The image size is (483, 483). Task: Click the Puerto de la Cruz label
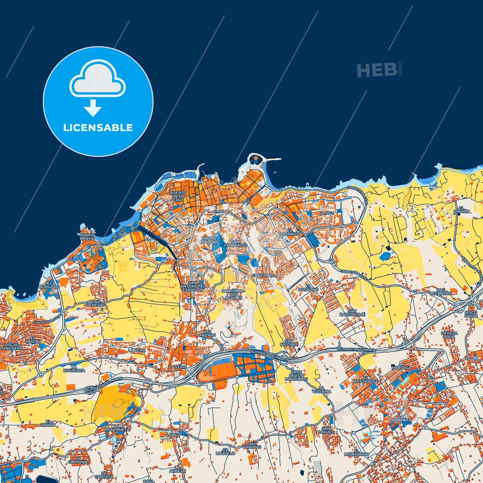[178, 196]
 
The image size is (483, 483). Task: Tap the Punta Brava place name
[87, 237]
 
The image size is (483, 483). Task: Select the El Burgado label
[49, 285]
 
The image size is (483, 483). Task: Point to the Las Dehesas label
[96, 303]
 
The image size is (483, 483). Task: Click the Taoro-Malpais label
[210, 240]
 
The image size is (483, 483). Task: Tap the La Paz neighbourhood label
[326, 213]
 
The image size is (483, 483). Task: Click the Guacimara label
[264, 275]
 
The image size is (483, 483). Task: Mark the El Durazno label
[308, 287]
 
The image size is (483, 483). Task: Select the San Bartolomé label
[352, 313]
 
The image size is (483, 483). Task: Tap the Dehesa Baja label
[449, 335]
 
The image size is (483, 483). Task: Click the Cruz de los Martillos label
[296, 375]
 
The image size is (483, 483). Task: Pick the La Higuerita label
[74, 369]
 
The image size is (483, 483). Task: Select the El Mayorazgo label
[366, 379]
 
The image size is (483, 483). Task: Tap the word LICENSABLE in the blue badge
[98, 128]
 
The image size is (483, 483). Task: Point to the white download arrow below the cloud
[93, 108]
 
